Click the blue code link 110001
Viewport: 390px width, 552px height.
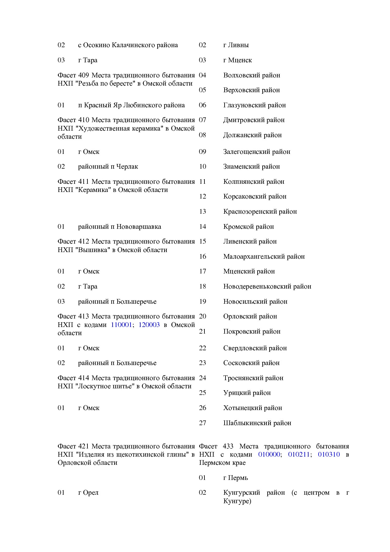tap(121, 325)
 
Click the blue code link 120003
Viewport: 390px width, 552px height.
tap(149, 325)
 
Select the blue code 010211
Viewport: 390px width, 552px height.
tap(299, 454)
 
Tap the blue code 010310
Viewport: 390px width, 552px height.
tap(329, 454)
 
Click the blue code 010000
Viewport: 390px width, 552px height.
tap(269, 454)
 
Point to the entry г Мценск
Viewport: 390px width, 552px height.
tap(237, 60)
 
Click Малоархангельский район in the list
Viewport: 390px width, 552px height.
tap(264, 256)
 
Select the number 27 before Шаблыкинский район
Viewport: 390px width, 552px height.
tap(203, 423)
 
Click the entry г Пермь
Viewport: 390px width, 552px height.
tap(236, 478)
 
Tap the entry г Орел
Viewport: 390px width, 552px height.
tap(88, 493)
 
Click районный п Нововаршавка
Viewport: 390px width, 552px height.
tap(120, 227)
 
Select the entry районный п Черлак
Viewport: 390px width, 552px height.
tap(108, 166)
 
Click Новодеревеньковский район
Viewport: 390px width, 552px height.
tap(267, 286)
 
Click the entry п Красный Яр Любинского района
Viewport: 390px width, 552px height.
tap(131, 105)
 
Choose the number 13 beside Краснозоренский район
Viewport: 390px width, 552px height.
tap(203, 211)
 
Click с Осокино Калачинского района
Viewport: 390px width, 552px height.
tap(128, 45)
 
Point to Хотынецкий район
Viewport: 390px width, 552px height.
tap(253, 408)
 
